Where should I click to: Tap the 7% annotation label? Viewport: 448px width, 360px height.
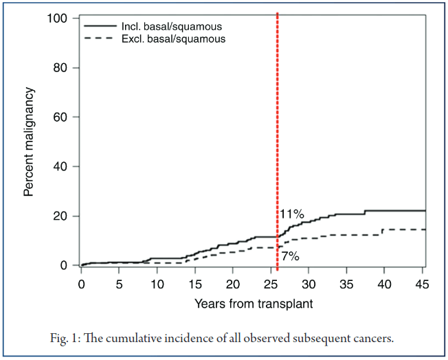pyautogui.click(x=289, y=256)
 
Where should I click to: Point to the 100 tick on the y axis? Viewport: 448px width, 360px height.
pyautogui.click(x=58, y=19)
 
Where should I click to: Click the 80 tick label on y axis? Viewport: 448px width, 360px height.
pyautogui.click(x=61, y=68)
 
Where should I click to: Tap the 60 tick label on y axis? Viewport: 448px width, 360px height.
pyautogui.click(x=61, y=117)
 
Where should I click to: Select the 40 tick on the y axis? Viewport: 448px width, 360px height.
pyautogui.click(x=61, y=167)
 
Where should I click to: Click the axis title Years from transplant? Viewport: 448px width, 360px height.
pyautogui.click(x=254, y=302)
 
